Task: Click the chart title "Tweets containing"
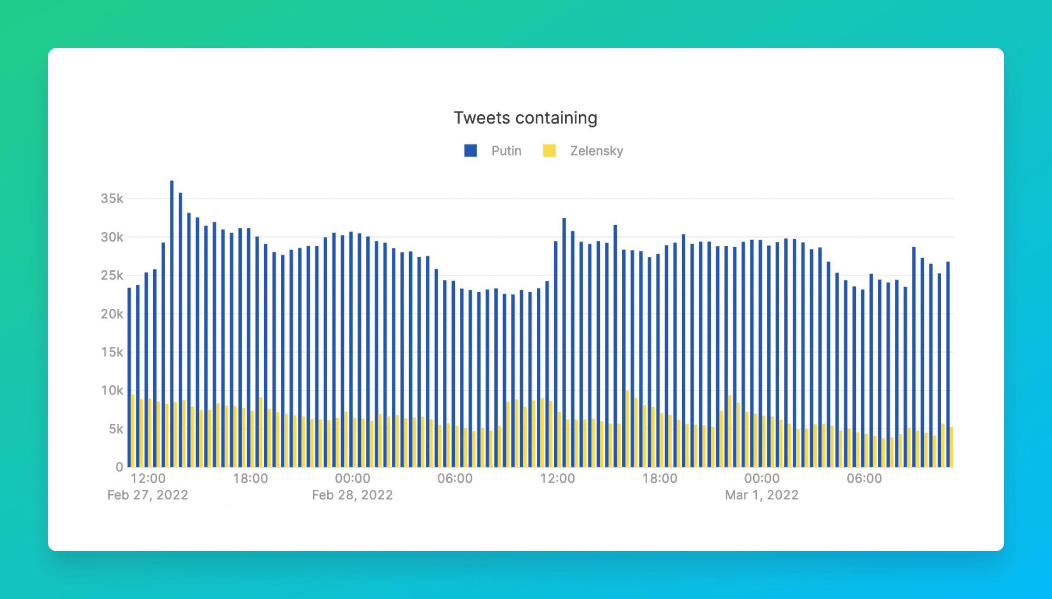pos(525,118)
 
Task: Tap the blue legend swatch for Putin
pos(471,151)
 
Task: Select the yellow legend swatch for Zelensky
pos(549,151)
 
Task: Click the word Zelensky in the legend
pos(596,151)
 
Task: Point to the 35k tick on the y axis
pos(112,199)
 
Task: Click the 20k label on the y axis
pos(112,314)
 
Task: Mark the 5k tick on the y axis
pos(116,429)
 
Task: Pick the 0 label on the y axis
pos(119,467)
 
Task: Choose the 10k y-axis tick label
pos(112,391)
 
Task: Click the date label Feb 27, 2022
pos(147,495)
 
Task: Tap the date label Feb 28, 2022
pos(352,495)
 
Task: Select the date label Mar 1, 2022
pos(761,495)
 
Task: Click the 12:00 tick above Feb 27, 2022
pos(148,479)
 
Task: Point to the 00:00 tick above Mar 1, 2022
pos(762,479)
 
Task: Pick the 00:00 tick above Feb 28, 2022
pos(352,479)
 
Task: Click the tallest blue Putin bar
pos(172,326)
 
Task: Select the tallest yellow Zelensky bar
pos(628,429)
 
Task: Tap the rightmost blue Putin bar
pos(948,364)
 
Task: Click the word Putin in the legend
pos(506,151)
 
